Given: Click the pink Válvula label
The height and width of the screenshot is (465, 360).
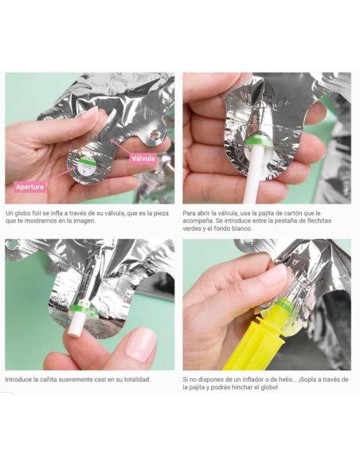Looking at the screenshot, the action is (143, 158).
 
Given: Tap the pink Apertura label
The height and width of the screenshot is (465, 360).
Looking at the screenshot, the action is (29, 187).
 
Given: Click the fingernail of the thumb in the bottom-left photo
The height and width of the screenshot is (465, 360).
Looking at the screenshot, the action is (140, 345).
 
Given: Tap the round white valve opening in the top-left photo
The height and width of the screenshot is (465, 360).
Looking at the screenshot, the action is (84, 168).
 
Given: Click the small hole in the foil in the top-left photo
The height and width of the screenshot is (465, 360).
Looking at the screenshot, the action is (155, 136).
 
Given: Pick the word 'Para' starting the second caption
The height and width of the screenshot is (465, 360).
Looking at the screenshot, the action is (189, 213).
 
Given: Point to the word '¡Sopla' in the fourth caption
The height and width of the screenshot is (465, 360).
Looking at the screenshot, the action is (307, 380).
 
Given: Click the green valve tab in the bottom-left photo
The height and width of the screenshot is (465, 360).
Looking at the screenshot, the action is (80, 309).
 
